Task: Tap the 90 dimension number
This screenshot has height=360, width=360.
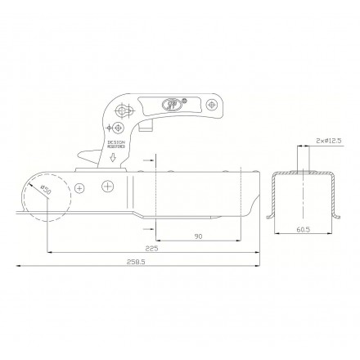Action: click(x=200, y=235)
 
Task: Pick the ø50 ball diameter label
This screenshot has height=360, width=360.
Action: click(x=45, y=190)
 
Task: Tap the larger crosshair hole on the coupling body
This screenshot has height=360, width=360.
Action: click(x=107, y=186)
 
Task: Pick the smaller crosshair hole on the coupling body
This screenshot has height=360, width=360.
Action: click(x=80, y=188)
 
